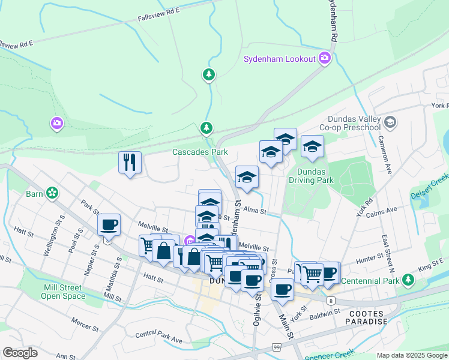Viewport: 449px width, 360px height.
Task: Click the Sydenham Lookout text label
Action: pyautogui.click(x=279, y=58)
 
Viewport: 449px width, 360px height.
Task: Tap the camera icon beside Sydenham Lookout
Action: pyautogui.click(x=325, y=58)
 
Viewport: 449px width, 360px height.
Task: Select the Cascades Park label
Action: pyautogui.click(x=200, y=152)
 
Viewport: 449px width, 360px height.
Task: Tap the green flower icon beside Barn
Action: pyautogui.click(x=53, y=193)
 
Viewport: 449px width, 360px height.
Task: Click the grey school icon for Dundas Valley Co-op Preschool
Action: pyautogui.click(x=390, y=123)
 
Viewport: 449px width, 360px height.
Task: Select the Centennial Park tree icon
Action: pyautogui.click(x=408, y=280)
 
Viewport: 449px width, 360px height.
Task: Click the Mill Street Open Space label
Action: pyautogui.click(x=64, y=291)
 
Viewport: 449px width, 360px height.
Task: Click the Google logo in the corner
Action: pyautogui.click(x=20, y=353)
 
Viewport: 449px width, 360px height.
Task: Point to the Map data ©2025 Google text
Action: pyautogui.click(x=412, y=355)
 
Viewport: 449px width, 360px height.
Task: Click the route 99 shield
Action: pyautogui.click(x=276, y=347)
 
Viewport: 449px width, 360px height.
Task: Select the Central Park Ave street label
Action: pyautogui.click(x=158, y=337)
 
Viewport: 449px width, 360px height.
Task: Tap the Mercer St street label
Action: pyautogui.click(x=85, y=324)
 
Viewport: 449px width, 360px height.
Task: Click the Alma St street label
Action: pyautogui.click(x=255, y=210)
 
